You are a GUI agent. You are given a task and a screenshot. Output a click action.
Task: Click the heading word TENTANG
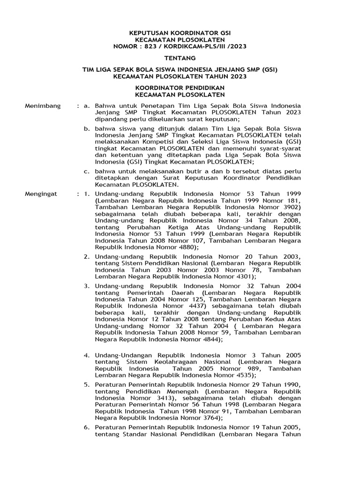[x=180, y=58]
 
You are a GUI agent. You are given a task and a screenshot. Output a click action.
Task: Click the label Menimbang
[x=43, y=106]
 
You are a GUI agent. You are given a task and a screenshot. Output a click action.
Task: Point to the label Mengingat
[x=42, y=193]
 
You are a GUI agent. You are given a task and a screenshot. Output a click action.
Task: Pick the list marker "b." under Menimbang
[x=87, y=127]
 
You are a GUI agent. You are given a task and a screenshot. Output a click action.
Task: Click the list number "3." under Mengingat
[x=87, y=285]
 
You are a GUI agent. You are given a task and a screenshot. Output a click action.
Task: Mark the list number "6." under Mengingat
[x=87, y=427]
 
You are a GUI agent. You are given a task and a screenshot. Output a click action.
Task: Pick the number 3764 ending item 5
[x=208, y=418]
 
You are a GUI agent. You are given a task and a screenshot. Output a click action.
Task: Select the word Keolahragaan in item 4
[x=177, y=362]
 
